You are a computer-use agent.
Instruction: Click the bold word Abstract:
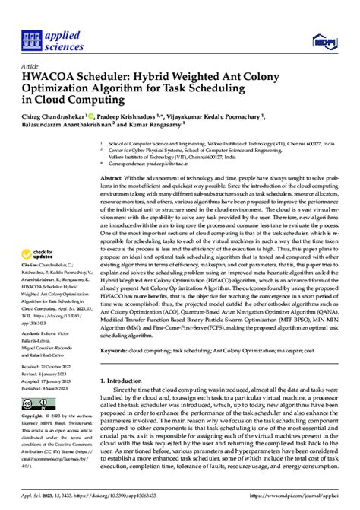tap(115, 176)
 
